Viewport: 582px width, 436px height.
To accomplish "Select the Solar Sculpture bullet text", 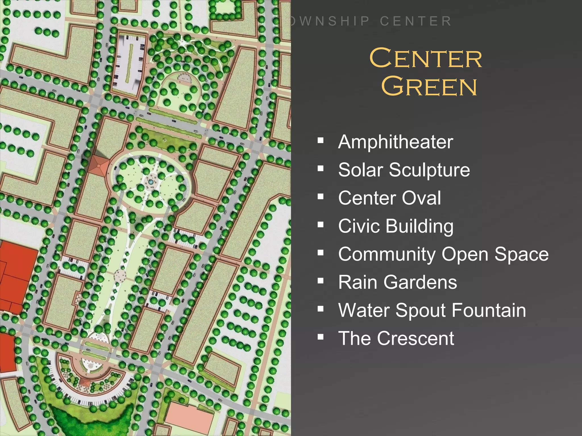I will [404, 170].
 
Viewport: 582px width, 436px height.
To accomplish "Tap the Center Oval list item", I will [389, 198].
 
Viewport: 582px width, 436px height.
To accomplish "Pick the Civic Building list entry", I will [396, 226].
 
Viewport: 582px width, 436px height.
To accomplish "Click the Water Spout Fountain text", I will [432, 310].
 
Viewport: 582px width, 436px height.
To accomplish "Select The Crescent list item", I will [396, 338].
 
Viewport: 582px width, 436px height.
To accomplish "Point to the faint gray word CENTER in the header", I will [415, 21].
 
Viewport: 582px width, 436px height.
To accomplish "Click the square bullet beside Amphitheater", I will [321, 141].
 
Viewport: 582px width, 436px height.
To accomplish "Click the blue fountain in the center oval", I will [151, 181].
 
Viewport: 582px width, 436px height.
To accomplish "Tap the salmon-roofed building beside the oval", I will [98, 164].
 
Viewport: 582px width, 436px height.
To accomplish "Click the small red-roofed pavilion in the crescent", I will [85, 382].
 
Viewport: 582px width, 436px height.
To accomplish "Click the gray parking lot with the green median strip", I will [130, 61].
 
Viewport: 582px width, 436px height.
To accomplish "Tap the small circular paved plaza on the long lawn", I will [120, 275].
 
